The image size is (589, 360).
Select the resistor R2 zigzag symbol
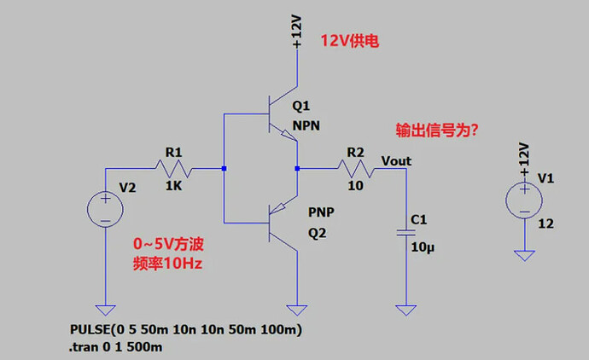(x=354, y=169)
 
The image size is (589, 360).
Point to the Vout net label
(x=396, y=160)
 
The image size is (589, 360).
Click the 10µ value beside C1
(x=424, y=247)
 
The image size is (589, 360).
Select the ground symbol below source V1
(x=522, y=254)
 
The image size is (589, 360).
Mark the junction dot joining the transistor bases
(x=224, y=169)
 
